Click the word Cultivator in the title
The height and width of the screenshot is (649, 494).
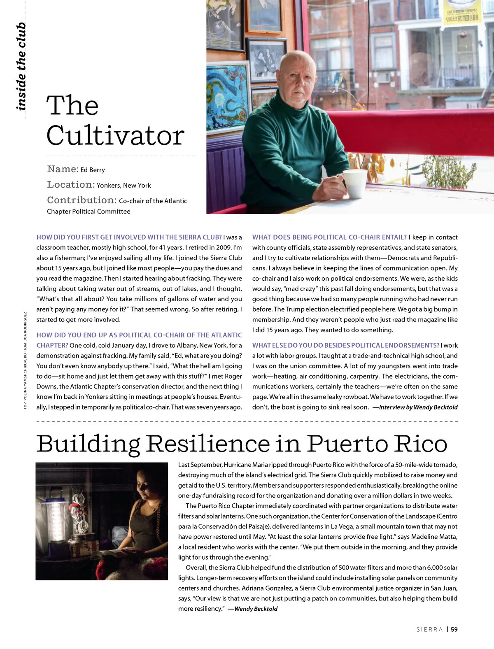pyautogui.click(x=115, y=135)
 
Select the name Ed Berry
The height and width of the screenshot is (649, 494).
pyautogui.click(x=93, y=170)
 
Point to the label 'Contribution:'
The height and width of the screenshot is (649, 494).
pyautogui.click(x=82, y=200)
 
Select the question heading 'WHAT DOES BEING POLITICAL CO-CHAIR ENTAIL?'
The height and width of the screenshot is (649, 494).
pyautogui.click(x=329, y=237)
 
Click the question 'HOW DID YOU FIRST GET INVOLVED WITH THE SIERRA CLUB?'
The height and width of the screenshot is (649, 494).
pyautogui.click(x=129, y=237)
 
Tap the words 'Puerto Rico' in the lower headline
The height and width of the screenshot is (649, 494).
pyautogui.click(x=377, y=444)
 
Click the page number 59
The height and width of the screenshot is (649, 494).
pyautogui.click(x=454, y=629)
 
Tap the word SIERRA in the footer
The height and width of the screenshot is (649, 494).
pyautogui.click(x=429, y=629)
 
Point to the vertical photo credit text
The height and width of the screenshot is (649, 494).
pyautogui.click(x=25, y=360)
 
